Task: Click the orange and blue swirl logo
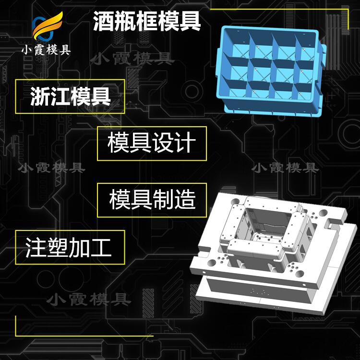click(x=48, y=26)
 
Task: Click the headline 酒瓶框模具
click(x=147, y=21)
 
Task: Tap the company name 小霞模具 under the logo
click(x=46, y=50)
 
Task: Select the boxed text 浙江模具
click(x=70, y=96)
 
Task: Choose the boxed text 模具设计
click(x=152, y=143)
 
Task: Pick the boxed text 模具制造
click(x=153, y=200)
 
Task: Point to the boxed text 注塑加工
click(x=69, y=247)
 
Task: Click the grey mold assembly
click(x=273, y=252)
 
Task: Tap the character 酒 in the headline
click(x=103, y=21)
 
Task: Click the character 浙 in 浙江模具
click(x=40, y=96)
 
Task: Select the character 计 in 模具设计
click(x=185, y=143)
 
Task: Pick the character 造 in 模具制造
click(x=185, y=200)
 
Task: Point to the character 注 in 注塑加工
click(x=36, y=247)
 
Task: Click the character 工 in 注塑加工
click(x=101, y=247)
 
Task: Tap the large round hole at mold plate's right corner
click(x=323, y=213)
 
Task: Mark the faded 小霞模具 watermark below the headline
click(x=132, y=58)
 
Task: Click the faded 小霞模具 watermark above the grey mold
click(x=285, y=168)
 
